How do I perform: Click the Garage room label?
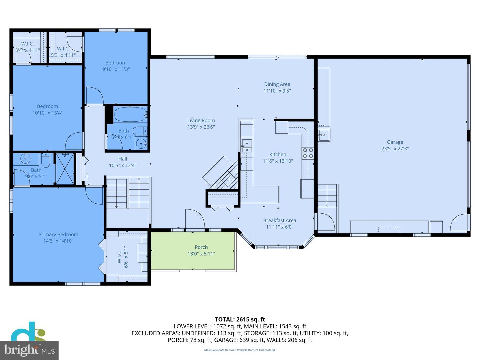pyautogui.click(x=395, y=142)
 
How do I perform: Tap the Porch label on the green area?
pyautogui.click(x=201, y=247)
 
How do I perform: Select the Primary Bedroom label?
pyautogui.click(x=58, y=234)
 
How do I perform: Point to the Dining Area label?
pyautogui.click(x=277, y=84)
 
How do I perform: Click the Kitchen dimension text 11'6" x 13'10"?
pyautogui.click(x=278, y=161)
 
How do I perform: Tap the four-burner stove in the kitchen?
pyautogui.click(x=308, y=153)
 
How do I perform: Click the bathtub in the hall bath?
pyautogui.click(x=130, y=115)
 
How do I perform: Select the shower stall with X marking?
pyautogui.click(x=65, y=169)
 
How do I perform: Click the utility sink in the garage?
pyautogui.click(x=323, y=135)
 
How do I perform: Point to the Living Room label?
pyautogui.click(x=201, y=121)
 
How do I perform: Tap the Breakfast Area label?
pyautogui.click(x=279, y=220)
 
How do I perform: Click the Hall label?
pyautogui.click(x=123, y=159)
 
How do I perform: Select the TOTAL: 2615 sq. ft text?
pyautogui.click(x=240, y=319)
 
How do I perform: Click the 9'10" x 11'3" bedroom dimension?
pyautogui.click(x=116, y=69)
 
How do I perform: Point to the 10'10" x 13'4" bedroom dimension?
pyautogui.click(x=47, y=113)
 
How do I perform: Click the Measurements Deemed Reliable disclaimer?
pyautogui.click(x=240, y=350)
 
